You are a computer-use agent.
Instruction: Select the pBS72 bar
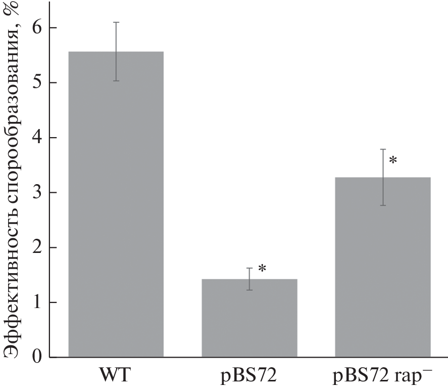pos(249,318)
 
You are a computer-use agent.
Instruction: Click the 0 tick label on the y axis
pos(37,357)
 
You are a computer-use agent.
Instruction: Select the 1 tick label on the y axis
pos(37,303)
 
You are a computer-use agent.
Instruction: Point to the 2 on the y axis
pos(37,247)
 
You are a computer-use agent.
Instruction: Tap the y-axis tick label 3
pos(37,192)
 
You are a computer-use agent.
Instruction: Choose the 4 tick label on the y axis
pos(37,138)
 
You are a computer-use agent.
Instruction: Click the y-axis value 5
pos(37,82)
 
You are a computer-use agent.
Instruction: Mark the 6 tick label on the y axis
pos(37,27)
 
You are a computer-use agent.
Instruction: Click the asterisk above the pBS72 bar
pos(262,269)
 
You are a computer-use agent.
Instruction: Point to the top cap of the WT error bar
pos(116,22)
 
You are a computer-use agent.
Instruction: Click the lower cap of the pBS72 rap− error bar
pos(383,205)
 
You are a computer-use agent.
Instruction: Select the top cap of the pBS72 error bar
pos(249,268)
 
